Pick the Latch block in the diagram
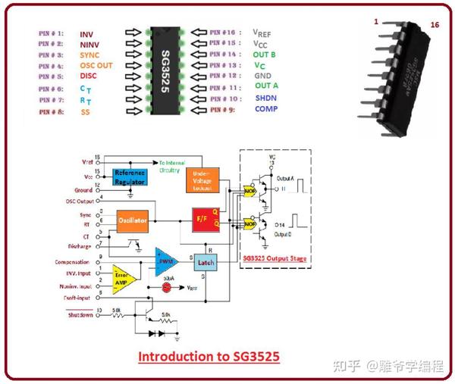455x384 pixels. click(205, 261)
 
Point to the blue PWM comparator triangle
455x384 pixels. click(166, 260)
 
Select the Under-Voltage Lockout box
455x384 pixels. click(202, 179)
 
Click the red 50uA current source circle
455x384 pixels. click(166, 289)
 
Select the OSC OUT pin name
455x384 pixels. click(96, 66)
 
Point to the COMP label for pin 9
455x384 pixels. click(266, 110)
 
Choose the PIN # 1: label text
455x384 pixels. click(50, 34)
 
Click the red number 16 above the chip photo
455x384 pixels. click(435, 24)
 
